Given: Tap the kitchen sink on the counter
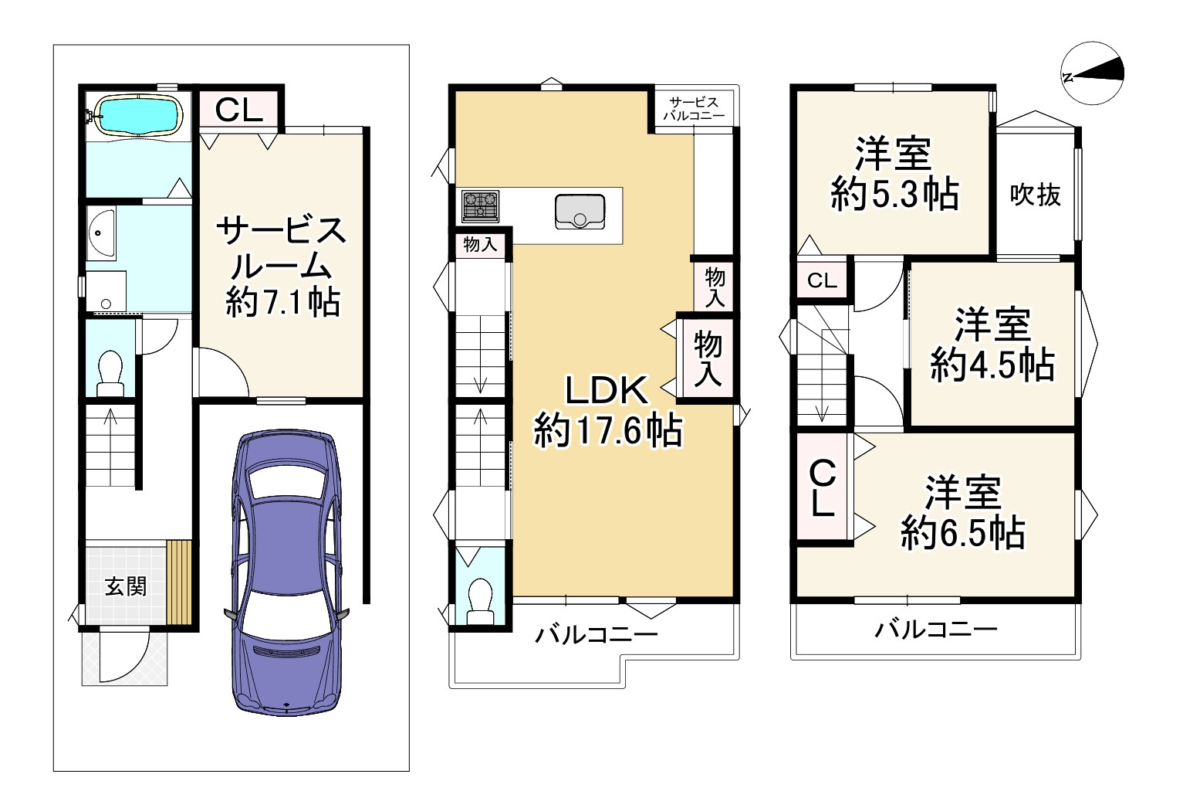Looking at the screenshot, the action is [580, 212].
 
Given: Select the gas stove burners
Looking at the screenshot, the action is [480, 206].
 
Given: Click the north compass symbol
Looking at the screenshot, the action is [1092, 73].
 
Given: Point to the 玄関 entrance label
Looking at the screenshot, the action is [126, 586].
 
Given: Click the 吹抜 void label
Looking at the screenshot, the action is [1035, 195].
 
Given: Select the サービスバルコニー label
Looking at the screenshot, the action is [694, 109].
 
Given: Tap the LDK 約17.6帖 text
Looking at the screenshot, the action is [607, 411].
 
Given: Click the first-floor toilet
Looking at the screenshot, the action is [110, 373].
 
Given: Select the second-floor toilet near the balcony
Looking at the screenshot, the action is [480, 602].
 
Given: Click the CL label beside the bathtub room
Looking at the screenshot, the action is [238, 110].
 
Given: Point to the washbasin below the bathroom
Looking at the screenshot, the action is [101, 233].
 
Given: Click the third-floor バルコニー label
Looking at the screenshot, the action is [936, 630].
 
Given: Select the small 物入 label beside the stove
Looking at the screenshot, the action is [480, 244].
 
